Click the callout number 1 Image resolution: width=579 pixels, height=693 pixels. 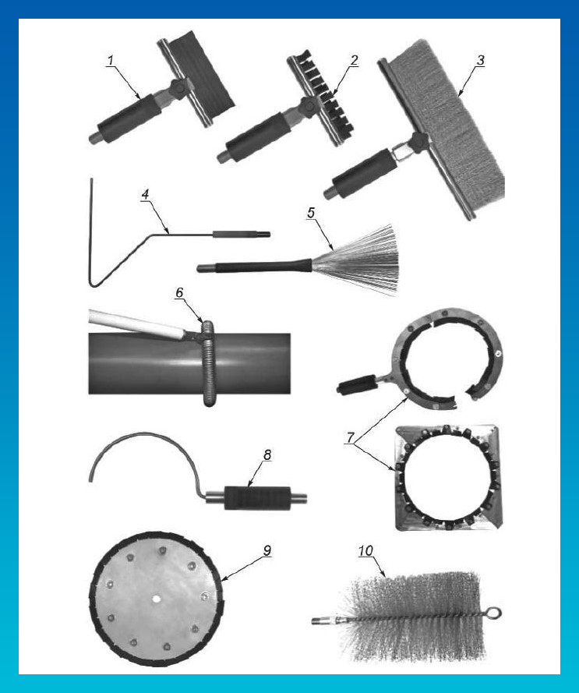click(x=110, y=61)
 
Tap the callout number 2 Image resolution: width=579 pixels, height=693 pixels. click(x=354, y=61)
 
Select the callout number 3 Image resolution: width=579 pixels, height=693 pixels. click(x=480, y=61)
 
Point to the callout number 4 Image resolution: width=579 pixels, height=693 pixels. click(x=146, y=195)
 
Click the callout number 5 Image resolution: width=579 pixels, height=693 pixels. click(x=311, y=213)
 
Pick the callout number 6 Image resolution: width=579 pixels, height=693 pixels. click(x=179, y=292)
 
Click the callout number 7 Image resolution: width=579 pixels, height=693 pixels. click(x=351, y=437)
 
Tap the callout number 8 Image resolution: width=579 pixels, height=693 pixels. click(x=267, y=454)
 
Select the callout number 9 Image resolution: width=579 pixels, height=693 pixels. click(x=267, y=550)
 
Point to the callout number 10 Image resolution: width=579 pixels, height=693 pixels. click(x=365, y=550)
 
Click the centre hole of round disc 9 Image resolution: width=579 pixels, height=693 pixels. click(x=156, y=599)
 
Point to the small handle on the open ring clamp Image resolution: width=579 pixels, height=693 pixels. click(x=358, y=384)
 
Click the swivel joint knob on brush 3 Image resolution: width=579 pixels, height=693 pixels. click(x=419, y=140)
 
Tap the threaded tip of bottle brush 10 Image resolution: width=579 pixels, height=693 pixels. click(x=318, y=621)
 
